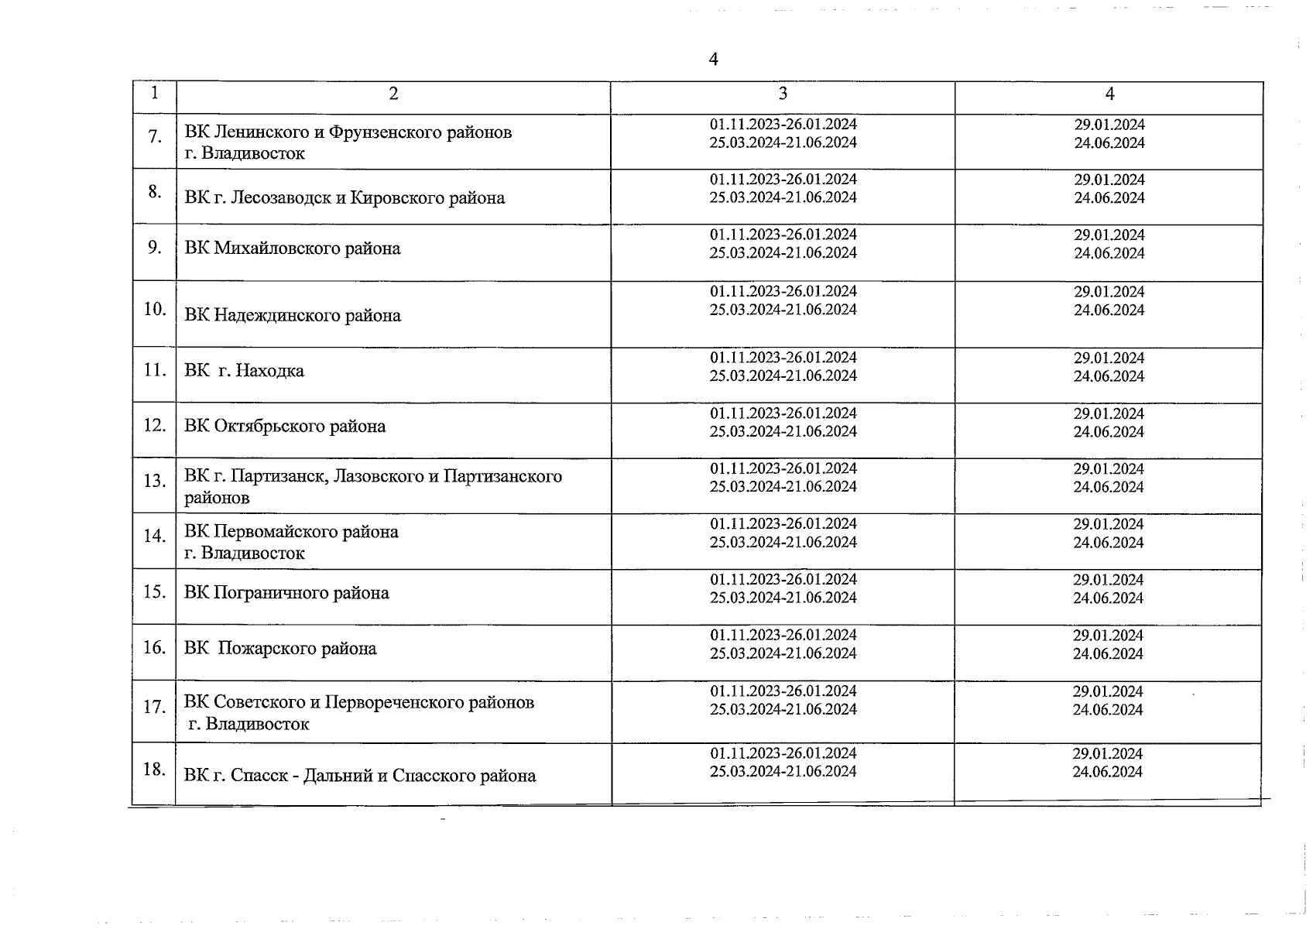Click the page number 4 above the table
713,60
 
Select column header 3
783,94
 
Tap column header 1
155,93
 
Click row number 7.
155,136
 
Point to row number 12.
155,425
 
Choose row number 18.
155,769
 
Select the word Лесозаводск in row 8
282,197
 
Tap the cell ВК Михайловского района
293,249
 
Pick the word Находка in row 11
270,371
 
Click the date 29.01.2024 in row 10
1109,292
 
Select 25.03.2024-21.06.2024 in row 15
783,598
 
